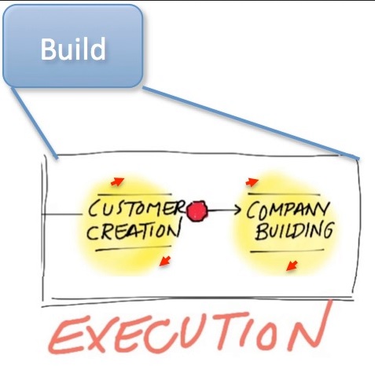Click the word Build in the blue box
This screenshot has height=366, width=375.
pos(73,49)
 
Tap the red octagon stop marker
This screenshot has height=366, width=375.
pos(197,211)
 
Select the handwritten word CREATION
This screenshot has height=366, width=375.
pos(134,231)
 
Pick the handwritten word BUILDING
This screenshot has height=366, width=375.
pos(295,230)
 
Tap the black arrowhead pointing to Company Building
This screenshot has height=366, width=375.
pos(237,210)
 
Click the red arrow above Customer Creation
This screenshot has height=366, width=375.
pos(117,181)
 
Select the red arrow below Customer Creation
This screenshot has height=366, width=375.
pos(165,262)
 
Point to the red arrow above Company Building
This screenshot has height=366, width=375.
pos(252,182)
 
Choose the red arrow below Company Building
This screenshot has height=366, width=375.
pos(292,265)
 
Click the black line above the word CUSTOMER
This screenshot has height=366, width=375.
pos(134,195)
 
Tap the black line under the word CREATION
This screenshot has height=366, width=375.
pos(133,248)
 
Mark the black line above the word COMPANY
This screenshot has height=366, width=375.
pos(284,194)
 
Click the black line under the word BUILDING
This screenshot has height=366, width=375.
pos(287,251)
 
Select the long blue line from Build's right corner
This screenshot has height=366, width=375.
pos(251,123)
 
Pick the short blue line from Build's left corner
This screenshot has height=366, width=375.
pos(34,123)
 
